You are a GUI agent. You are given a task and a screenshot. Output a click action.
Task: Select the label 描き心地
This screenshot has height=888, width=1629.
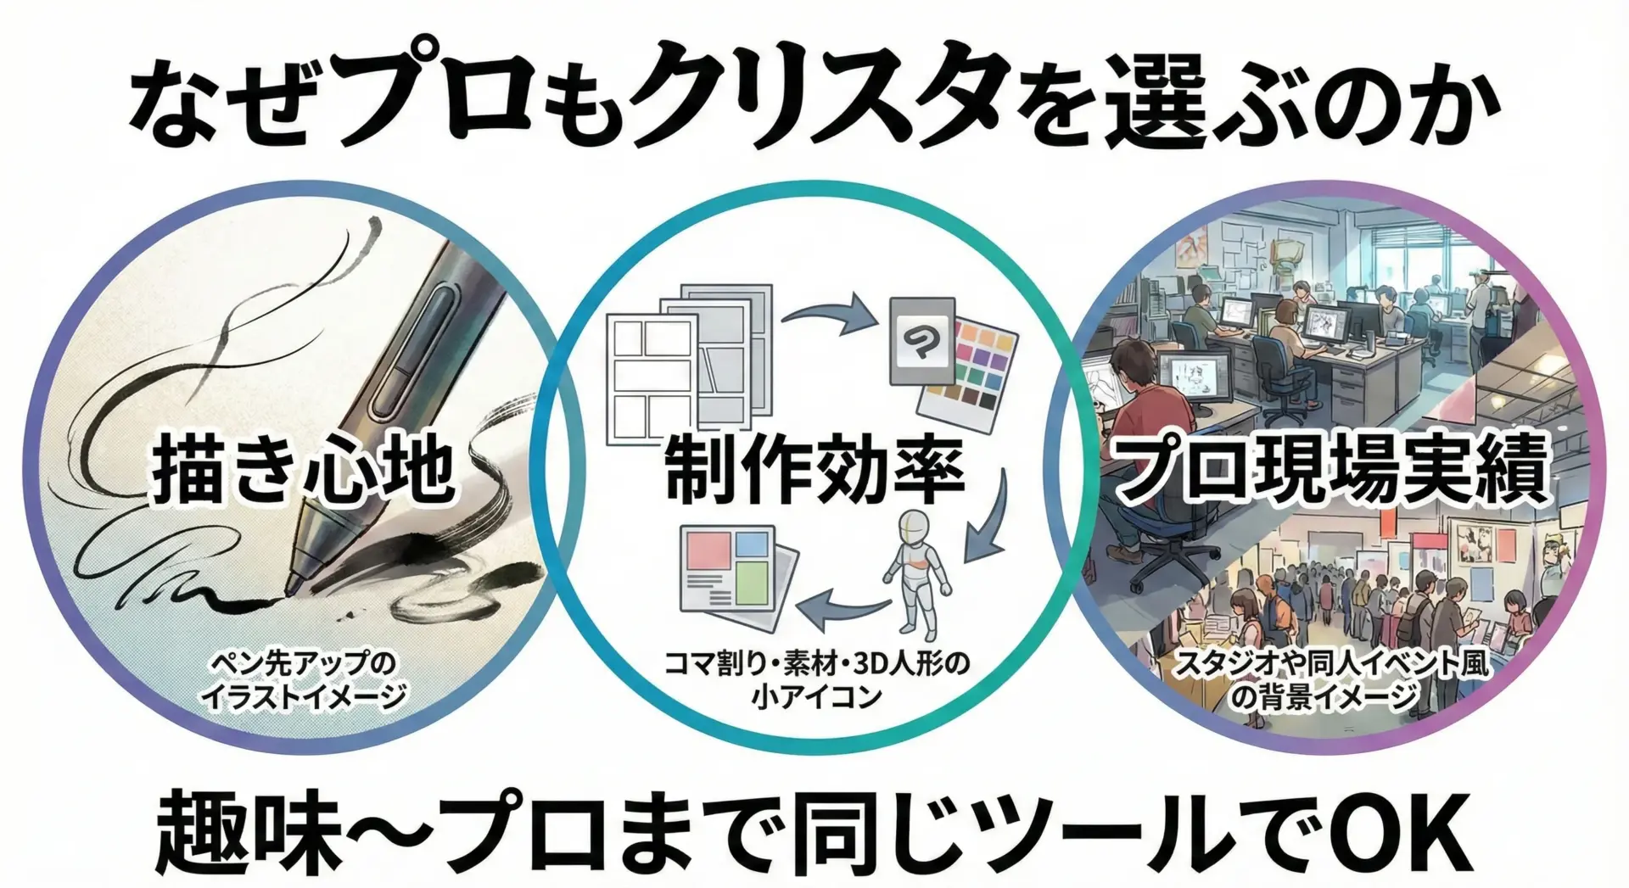[303, 468]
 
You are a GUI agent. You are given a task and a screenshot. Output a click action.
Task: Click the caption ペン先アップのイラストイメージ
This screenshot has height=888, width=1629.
[303, 679]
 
